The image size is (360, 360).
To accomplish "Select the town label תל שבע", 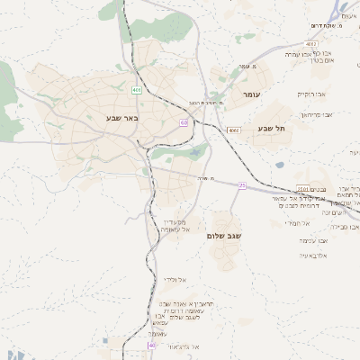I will pos(270,129).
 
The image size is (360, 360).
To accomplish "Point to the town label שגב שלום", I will pos(227,235).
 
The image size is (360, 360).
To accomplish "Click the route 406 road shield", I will pos(136,90).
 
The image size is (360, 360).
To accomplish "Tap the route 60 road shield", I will pos(184,123).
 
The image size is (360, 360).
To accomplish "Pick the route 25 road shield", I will pos(242,185).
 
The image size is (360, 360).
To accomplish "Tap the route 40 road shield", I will pos(151,345).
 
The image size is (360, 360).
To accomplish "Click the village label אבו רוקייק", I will pos(311,94).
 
